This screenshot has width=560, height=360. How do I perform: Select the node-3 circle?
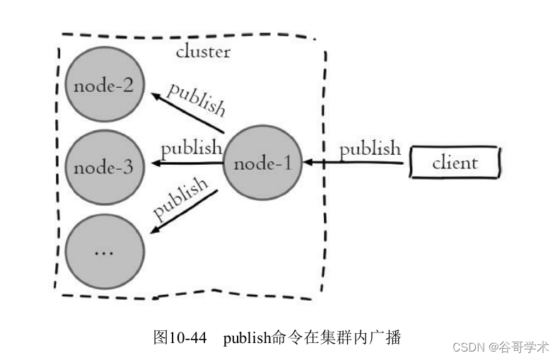point(105,168)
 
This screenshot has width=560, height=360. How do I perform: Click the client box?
point(456,163)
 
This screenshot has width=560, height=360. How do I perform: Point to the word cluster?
point(203,52)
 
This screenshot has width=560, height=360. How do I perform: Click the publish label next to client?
point(370,149)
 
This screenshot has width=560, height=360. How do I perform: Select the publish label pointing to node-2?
point(196,98)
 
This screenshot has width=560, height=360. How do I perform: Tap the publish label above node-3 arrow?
point(191,149)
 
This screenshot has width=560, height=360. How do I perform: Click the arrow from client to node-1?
point(357,163)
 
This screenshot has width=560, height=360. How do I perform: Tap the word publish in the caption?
point(247,338)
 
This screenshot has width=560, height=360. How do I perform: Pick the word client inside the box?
point(455,163)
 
